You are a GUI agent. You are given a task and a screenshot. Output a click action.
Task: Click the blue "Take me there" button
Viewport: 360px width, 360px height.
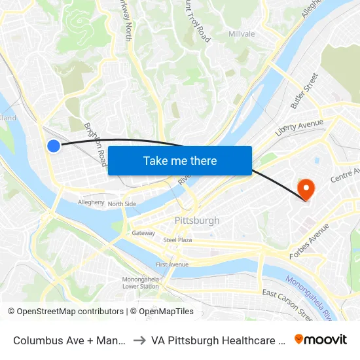click(x=180, y=161)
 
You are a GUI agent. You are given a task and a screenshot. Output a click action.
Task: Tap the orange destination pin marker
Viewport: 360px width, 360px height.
click(x=306, y=190)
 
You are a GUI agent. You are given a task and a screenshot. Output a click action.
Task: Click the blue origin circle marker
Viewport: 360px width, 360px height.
click(x=54, y=146)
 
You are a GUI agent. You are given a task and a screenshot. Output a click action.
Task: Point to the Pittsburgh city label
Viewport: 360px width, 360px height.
click(x=197, y=221)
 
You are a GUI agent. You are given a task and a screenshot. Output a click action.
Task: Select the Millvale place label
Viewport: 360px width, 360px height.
click(x=242, y=34)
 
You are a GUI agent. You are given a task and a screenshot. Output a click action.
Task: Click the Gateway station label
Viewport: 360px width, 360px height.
click(x=143, y=233)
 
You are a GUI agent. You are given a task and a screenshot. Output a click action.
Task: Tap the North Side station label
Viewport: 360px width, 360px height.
click(x=122, y=204)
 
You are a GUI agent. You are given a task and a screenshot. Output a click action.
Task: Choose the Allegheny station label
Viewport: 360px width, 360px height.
click(x=91, y=203)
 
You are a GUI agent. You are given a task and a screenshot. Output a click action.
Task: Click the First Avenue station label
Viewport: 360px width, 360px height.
click(x=171, y=264)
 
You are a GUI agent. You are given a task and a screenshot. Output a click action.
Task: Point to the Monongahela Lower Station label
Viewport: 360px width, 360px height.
click(x=140, y=283)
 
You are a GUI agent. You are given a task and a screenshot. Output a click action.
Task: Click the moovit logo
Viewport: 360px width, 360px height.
click(x=320, y=339)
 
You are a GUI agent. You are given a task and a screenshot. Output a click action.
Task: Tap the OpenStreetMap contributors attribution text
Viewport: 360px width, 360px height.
click(x=68, y=312)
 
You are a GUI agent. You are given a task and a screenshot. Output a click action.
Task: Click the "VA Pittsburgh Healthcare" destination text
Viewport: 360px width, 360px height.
click(x=216, y=340)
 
